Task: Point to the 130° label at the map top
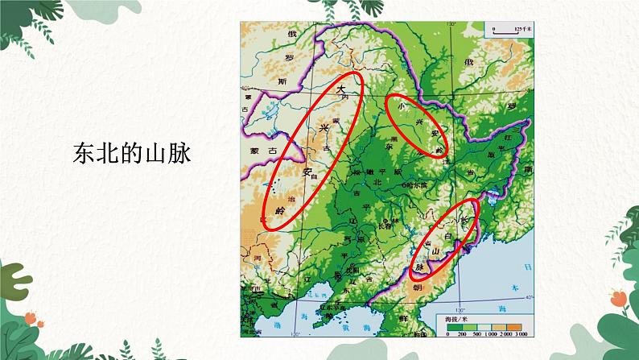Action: pos(452,27)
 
